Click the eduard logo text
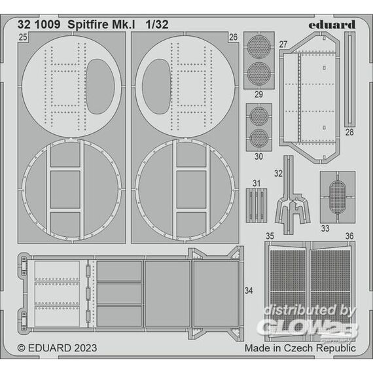(332, 24)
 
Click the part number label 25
(23, 37)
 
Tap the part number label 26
(233, 37)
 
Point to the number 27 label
(283, 44)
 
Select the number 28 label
(349, 132)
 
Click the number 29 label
(259, 94)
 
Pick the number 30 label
(259, 156)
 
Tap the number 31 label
(257, 183)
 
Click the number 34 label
(249, 291)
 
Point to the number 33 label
(325, 228)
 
